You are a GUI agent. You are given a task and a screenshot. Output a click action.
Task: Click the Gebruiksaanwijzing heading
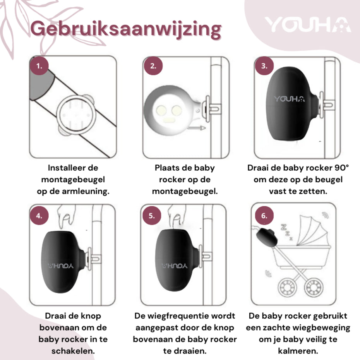coord(126,29)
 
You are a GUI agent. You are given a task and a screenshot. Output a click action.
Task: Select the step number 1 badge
coord(39,66)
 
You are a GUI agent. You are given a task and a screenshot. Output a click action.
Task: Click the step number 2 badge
coord(153,66)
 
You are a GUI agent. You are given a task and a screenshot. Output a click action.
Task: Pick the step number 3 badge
coord(264,66)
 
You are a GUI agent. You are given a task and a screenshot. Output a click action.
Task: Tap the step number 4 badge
coord(39,216)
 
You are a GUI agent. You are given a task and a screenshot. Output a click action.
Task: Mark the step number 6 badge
coord(264,216)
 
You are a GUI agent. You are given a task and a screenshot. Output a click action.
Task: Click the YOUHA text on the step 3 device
coord(289,99)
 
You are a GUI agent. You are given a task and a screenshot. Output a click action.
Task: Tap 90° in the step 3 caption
coord(341,168)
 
